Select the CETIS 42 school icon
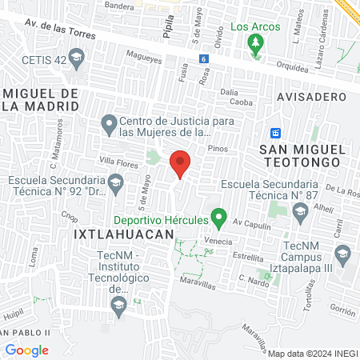pyautogui.click(x=77, y=58)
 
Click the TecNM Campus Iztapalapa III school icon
pyautogui.click(x=342, y=256)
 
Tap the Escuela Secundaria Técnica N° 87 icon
pyautogui.click(x=301, y=211)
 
